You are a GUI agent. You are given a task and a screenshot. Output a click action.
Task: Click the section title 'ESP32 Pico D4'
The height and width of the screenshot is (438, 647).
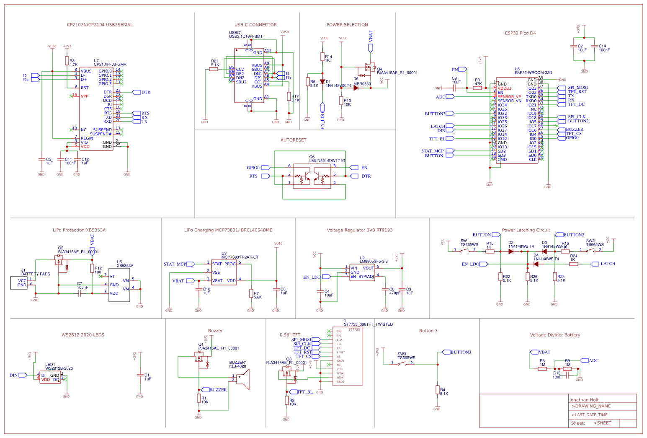pyautogui.click(x=520, y=33)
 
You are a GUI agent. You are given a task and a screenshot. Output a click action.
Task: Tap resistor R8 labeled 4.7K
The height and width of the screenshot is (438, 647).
pyautogui.click(x=67, y=61)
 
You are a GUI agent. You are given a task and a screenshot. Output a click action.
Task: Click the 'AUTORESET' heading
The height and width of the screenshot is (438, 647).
pyautogui.click(x=293, y=140)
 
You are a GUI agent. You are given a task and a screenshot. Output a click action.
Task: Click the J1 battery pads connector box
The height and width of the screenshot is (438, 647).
pyautogui.click(x=19, y=283)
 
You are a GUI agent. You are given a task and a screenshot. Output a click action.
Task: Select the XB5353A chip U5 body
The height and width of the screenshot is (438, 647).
pyautogui.click(x=119, y=285)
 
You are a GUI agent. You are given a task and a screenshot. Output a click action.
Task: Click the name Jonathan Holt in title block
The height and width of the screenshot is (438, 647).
pyautogui.click(x=584, y=400)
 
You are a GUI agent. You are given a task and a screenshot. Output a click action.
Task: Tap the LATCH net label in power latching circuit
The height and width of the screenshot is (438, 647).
pyautogui.click(x=607, y=264)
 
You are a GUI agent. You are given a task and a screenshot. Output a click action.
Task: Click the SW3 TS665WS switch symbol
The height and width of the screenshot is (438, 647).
pyautogui.click(x=402, y=363)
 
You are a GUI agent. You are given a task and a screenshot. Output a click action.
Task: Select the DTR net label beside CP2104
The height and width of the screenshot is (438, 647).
pyautogui.click(x=145, y=92)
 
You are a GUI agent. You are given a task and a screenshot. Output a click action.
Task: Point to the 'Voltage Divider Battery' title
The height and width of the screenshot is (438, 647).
pyautogui.click(x=555, y=335)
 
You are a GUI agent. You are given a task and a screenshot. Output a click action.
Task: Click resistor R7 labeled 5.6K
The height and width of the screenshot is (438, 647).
pyautogui.click(x=251, y=293)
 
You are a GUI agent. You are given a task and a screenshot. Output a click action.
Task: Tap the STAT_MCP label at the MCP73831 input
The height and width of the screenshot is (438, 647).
pyautogui.click(x=175, y=264)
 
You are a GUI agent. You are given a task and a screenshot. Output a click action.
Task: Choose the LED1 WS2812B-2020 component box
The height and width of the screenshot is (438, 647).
pyautogui.click(x=50, y=377)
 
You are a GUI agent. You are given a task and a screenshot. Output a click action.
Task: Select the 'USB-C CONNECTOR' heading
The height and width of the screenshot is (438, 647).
pyautogui.click(x=255, y=25)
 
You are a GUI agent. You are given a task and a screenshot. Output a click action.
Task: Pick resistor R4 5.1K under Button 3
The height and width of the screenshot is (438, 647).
pyautogui.click(x=437, y=390)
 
